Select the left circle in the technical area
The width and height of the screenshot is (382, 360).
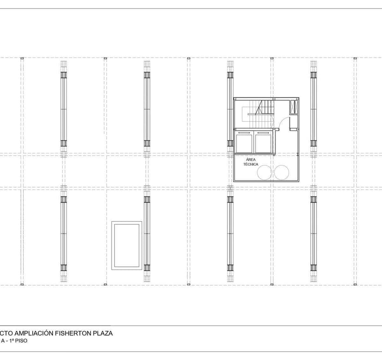point(265,172)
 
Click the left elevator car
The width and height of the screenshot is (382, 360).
point(244,142)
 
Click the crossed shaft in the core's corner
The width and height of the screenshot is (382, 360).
point(293,107)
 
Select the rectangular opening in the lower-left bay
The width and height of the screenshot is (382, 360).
point(127,245)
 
